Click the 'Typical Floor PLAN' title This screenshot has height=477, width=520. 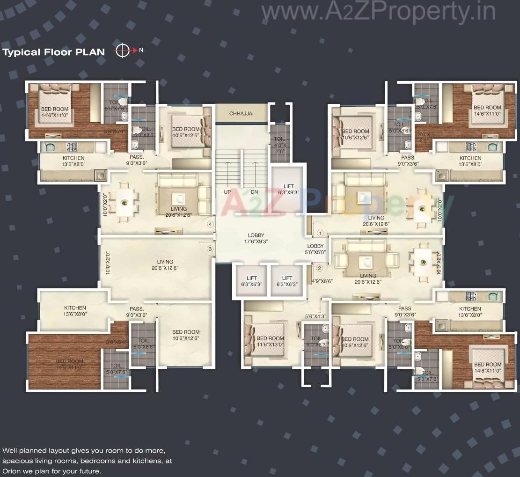click(x=54, y=52)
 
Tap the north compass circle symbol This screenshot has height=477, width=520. click(x=122, y=51)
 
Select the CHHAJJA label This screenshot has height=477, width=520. click(x=241, y=113)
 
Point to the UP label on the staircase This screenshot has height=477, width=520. click(x=227, y=192)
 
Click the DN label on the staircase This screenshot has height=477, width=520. click(x=254, y=192)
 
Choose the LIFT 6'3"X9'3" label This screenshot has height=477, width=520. click(x=288, y=189)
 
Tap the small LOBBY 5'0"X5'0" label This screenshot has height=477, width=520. click(x=315, y=249)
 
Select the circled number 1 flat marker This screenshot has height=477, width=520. click(x=320, y=233)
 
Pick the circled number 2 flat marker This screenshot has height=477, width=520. click(x=319, y=268)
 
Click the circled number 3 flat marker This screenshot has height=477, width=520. click(x=210, y=249)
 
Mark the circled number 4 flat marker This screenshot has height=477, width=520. click(x=211, y=224)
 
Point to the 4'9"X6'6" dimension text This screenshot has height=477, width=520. click(x=322, y=281)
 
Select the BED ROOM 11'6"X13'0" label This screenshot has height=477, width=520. click(x=270, y=341)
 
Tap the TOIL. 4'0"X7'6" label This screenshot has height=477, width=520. click(x=280, y=145)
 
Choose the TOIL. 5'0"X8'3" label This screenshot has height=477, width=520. click(x=316, y=341)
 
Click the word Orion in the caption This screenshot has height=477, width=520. click(x=11, y=471)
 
